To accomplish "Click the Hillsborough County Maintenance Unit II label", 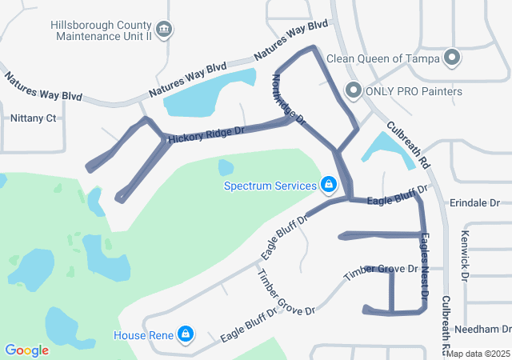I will tap(100, 30).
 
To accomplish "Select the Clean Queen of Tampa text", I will tap(382, 58).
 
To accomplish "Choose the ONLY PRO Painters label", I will tap(414, 91).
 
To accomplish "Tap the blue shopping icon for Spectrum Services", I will tap(328, 186).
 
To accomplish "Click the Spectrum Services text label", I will tap(270, 186).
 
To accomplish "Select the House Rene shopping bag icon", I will tap(186, 333).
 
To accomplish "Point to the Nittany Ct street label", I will tap(34, 118).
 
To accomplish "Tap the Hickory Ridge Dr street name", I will tap(206, 133).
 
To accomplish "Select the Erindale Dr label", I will tap(474, 203).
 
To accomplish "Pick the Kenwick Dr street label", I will tap(465, 257).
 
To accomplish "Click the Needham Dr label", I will tap(482, 329).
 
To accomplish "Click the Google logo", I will tap(26, 350).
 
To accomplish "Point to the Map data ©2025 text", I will tap(478, 354).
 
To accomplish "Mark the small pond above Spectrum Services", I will tap(226, 167).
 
